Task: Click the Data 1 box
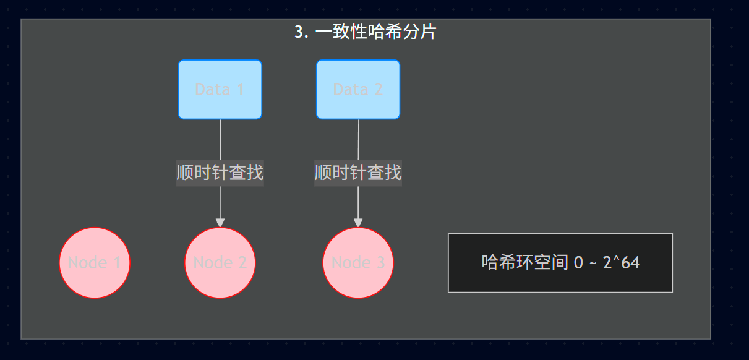click(x=220, y=90)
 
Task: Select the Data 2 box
click(x=358, y=90)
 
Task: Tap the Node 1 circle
click(x=95, y=263)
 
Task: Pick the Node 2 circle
click(x=220, y=263)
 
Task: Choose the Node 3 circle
click(x=358, y=263)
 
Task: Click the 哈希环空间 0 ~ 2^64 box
click(x=560, y=262)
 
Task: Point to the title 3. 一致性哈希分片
click(x=366, y=32)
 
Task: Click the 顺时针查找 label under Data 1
click(x=220, y=172)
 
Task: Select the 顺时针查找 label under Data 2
click(x=358, y=172)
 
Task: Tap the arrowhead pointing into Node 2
click(x=220, y=223)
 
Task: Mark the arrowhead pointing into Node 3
click(x=358, y=223)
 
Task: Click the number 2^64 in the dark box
click(x=621, y=262)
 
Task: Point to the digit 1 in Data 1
click(x=240, y=90)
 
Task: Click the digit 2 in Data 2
click(x=378, y=90)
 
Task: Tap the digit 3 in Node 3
click(x=380, y=263)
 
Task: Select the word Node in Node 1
click(x=87, y=263)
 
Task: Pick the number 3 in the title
click(x=299, y=32)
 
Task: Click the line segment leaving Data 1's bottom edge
click(x=221, y=139)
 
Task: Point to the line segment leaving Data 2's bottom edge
click(x=359, y=139)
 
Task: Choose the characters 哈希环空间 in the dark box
click(x=524, y=262)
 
